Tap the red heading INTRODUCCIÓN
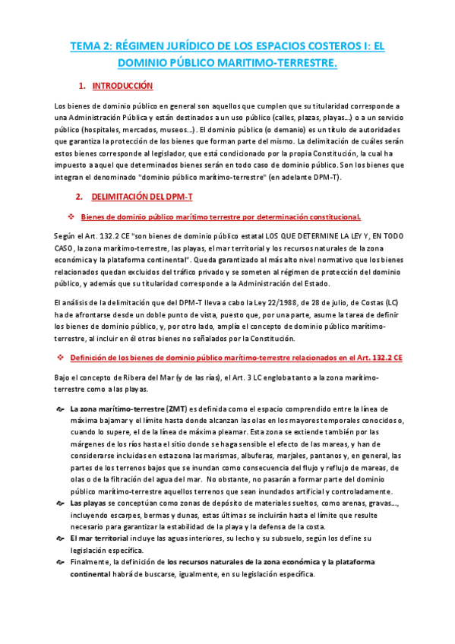122,87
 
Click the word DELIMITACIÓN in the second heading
131,197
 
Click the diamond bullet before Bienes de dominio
70,217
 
